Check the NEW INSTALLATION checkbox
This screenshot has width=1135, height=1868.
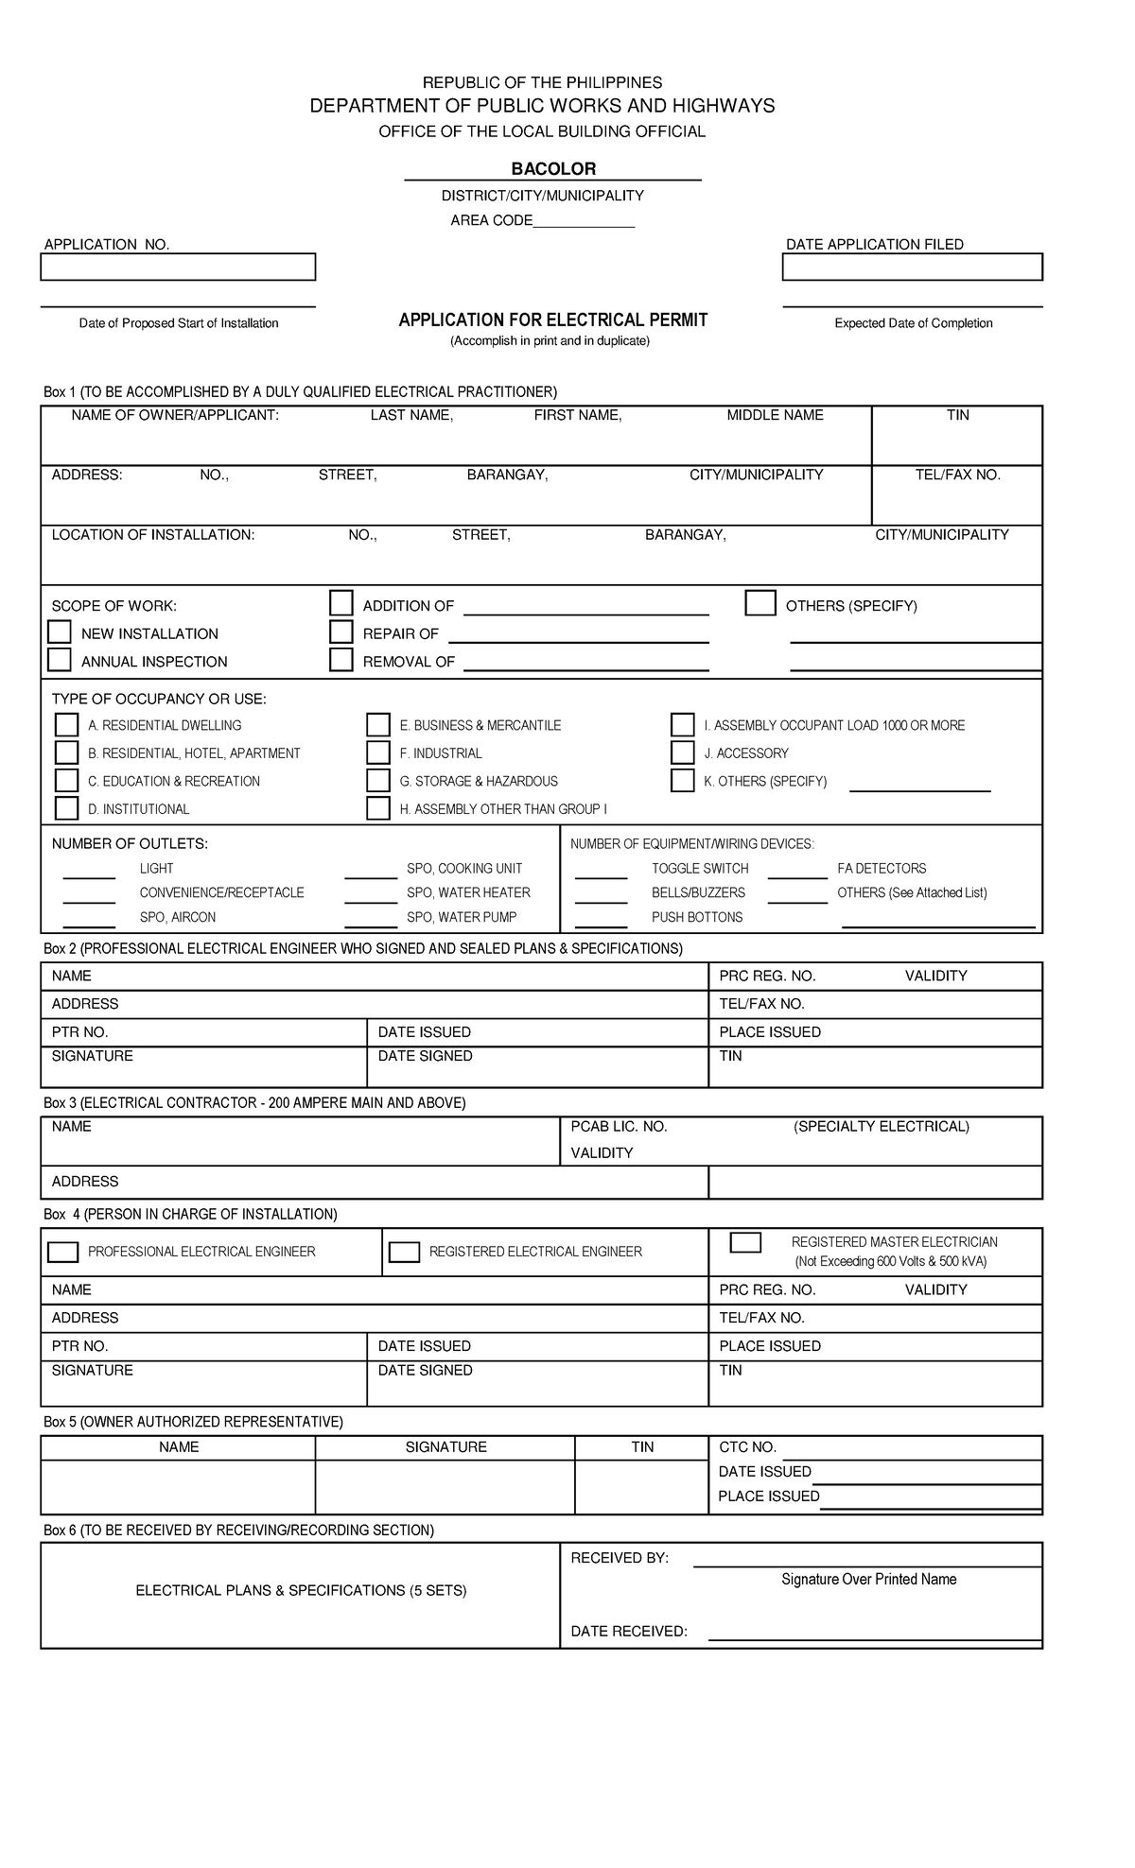click(60, 632)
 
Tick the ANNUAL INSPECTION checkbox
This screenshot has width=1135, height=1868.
click(60, 660)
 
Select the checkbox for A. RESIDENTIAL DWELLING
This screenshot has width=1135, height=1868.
click(66, 725)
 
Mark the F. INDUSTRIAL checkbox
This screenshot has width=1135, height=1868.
click(378, 752)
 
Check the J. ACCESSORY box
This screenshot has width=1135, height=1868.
click(682, 752)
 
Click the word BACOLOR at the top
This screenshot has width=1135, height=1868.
click(553, 169)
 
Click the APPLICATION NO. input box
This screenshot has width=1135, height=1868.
click(178, 268)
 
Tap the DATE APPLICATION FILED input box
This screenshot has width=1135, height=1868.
click(912, 268)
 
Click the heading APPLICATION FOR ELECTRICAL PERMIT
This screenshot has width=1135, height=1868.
click(553, 320)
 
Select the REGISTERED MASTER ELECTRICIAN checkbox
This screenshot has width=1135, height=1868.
click(745, 1242)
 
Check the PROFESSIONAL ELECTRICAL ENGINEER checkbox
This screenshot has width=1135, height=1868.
click(63, 1252)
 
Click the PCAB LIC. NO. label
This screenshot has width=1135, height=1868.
click(620, 1127)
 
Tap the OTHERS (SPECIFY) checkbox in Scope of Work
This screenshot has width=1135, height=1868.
click(760, 603)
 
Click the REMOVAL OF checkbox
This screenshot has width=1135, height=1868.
click(341, 660)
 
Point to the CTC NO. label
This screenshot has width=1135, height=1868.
click(747, 1447)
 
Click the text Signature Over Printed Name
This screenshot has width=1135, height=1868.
click(868, 1580)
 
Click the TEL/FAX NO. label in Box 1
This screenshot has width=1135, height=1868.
click(957, 475)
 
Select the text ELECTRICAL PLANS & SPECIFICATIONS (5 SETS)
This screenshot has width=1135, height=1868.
click(301, 1591)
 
